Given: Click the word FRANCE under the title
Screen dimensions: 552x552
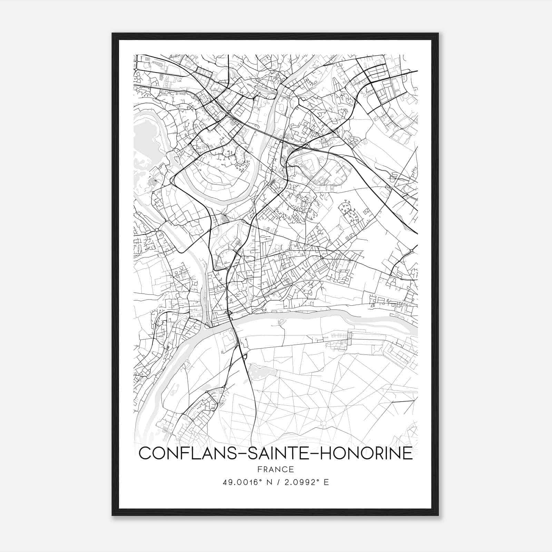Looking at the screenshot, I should point(276,470).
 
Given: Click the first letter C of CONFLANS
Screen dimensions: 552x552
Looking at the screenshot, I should point(145,453).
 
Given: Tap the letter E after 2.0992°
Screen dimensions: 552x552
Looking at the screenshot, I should point(326,482).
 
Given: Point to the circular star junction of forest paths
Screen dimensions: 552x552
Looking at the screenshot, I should point(323,423).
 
